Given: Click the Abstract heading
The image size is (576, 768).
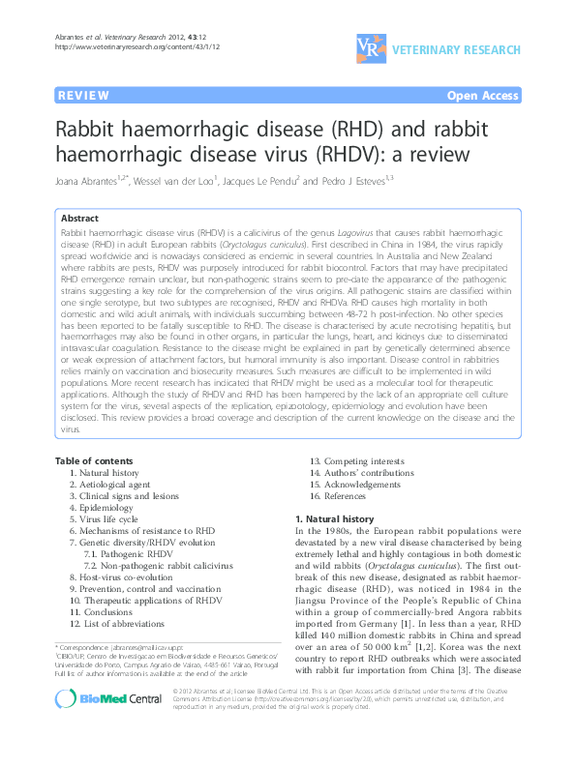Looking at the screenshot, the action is pyautogui.click(x=81, y=219).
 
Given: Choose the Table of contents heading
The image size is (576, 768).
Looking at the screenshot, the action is pyautogui.click(x=95, y=459).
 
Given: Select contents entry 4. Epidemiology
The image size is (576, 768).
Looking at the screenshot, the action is pyautogui.click(x=101, y=507).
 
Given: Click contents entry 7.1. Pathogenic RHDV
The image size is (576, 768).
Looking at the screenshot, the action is pyautogui.click(x=122, y=553).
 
